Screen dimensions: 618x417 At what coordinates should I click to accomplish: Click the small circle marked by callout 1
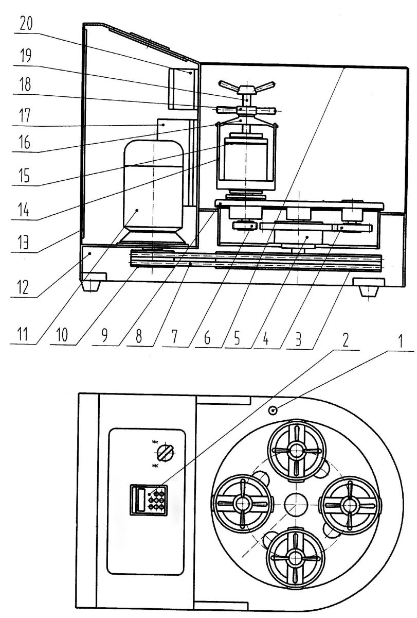(274, 410)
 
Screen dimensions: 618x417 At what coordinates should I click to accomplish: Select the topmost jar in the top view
(297, 450)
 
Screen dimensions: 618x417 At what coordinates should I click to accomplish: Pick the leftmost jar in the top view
(243, 504)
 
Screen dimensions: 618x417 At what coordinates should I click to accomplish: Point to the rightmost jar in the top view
(349, 503)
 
